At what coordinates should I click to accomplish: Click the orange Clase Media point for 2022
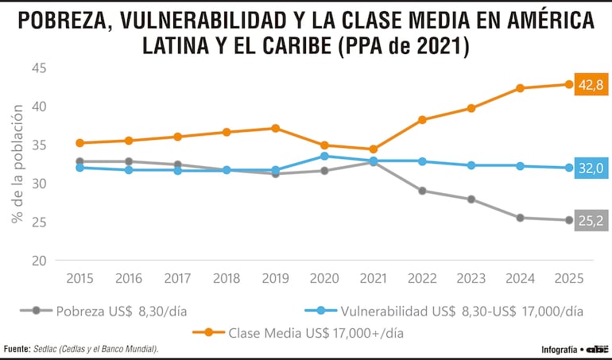[x=422, y=120]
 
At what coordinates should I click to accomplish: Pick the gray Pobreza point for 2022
[x=422, y=191]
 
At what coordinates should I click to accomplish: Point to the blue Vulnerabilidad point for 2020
[x=324, y=156]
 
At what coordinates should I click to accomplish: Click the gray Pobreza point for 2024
[x=520, y=218]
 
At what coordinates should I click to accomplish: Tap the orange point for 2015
[x=79, y=143]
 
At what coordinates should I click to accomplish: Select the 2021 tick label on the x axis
[x=373, y=278]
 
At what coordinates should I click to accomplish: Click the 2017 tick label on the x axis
[x=177, y=278]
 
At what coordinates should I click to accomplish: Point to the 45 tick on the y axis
[x=39, y=68]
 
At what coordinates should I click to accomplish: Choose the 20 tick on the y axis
[x=39, y=261]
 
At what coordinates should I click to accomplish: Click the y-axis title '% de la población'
[x=17, y=164]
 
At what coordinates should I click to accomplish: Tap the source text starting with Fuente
[x=80, y=349]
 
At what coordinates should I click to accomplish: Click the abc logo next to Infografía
[x=598, y=349]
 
